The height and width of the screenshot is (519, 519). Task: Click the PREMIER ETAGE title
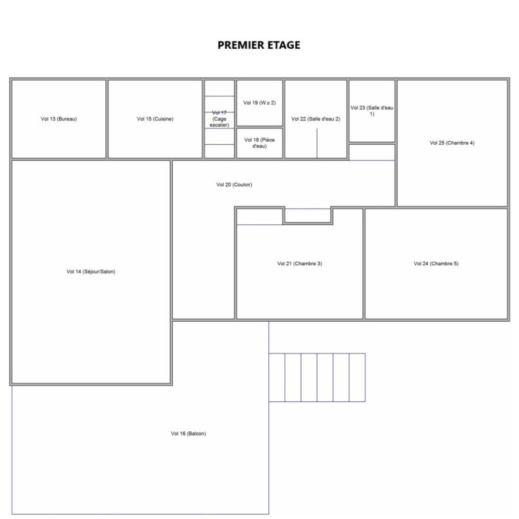pos(258,45)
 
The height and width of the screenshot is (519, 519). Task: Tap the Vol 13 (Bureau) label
pos(59,119)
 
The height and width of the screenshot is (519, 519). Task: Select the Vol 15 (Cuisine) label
pos(155,119)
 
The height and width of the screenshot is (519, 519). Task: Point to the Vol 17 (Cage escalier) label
pos(219,119)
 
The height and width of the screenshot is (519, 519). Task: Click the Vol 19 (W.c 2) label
pos(259,103)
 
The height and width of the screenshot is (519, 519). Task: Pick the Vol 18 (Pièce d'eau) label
pos(259,143)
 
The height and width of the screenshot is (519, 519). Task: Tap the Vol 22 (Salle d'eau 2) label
pos(316,119)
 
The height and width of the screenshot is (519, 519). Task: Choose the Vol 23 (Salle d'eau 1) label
pos(372,111)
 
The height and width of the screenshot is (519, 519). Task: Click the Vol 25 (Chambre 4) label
pos(452,143)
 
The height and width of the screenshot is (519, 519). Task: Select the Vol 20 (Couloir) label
pos(234,185)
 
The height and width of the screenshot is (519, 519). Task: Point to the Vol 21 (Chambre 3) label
pos(299,264)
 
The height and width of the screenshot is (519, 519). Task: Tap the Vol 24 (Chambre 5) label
pos(436,264)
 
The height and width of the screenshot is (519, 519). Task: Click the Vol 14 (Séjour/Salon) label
pos(91,271)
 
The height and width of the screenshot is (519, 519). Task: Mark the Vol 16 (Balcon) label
pos(188,434)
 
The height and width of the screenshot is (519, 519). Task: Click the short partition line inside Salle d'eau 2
pos(317,143)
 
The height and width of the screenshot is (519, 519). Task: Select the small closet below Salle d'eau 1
pos(372,152)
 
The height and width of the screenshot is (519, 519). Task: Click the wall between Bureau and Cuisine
pos(107,119)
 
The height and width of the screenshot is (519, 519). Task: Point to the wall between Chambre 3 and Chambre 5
pos(364,264)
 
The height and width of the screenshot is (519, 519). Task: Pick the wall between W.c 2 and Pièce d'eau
pos(259,127)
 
